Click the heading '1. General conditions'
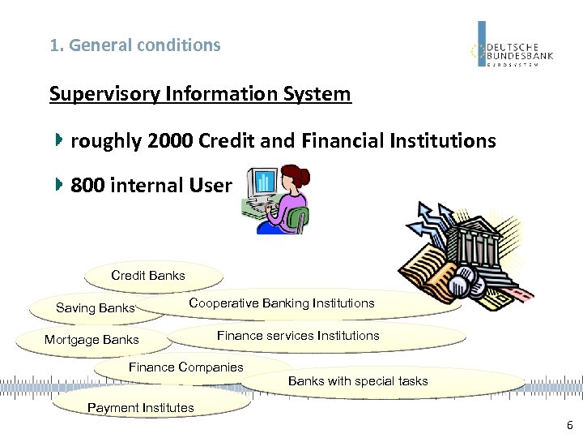tap(134, 45)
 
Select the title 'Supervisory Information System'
tap(200, 94)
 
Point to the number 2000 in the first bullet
tap(170, 141)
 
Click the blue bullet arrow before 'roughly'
tap(58, 140)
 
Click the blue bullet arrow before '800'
tap(58, 185)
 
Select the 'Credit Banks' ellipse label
tap(148, 276)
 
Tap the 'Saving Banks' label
tap(95, 308)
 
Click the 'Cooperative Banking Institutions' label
tap(282, 303)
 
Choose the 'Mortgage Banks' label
tap(91, 340)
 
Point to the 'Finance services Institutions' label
tap(298, 336)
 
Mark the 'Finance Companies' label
tap(185, 367)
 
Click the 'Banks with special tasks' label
tap(358, 381)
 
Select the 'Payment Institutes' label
tap(141, 408)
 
